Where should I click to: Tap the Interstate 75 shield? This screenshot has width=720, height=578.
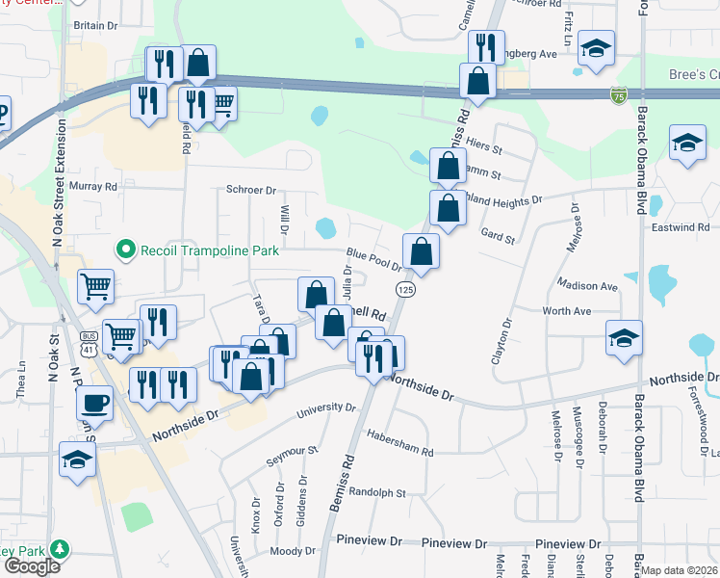[x=618, y=94]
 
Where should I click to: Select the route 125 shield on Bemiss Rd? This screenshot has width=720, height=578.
[x=405, y=289]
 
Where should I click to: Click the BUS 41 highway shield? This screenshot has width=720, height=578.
[x=90, y=338]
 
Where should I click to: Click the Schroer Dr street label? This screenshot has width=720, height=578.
[x=251, y=191]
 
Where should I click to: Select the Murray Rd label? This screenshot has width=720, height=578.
[x=92, y=186]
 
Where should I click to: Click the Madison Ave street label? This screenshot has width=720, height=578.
[x=587, y=286]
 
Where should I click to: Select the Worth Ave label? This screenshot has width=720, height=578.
[x=566, y=311]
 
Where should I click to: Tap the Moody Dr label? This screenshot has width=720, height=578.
[x=286, y=551]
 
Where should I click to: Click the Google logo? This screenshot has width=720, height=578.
[x=32, y=565]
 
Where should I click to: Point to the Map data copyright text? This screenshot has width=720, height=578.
[x=678, y=570]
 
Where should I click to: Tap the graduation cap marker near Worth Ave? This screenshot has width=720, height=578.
[x=624, y=338]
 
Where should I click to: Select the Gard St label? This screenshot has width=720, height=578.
[x=499, y=233]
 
